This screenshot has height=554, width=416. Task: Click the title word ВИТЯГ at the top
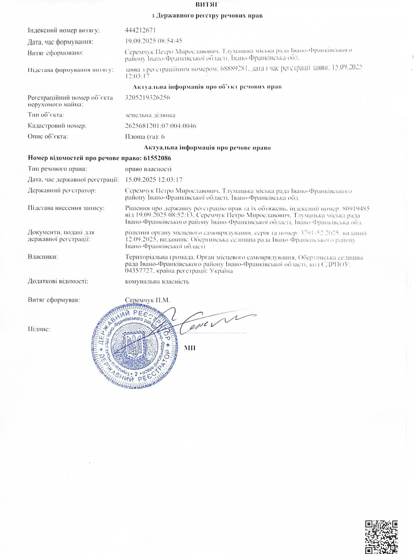[x=207, y=5]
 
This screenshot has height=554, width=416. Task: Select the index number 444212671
[x=140, y=30]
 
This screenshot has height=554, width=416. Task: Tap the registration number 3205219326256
[x=147, y=97]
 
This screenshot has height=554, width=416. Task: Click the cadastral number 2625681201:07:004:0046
[x=161, y=126]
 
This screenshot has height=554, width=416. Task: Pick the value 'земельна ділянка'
[x=150, y=115]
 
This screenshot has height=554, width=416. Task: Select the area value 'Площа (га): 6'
[x=145, y=136]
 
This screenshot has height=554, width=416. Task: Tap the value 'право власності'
[x=148, y=169]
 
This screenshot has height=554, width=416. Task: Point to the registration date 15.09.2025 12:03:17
[x=154, y=180]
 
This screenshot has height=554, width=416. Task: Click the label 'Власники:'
[x=43, y=257]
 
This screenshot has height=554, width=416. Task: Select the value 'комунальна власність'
[x=157, y=282]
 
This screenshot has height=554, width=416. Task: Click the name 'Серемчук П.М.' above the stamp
[x=147, y=300]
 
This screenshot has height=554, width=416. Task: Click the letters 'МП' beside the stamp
[x=190, y=348]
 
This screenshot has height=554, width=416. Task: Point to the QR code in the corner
[x=381, y=537]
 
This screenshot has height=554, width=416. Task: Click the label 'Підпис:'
[x=39, y=329]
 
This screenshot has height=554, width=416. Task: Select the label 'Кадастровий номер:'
[x=57, y=126]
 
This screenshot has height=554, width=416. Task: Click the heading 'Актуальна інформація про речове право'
[x=207, y=148]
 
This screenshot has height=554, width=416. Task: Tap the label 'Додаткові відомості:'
[x=58, y=281]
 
